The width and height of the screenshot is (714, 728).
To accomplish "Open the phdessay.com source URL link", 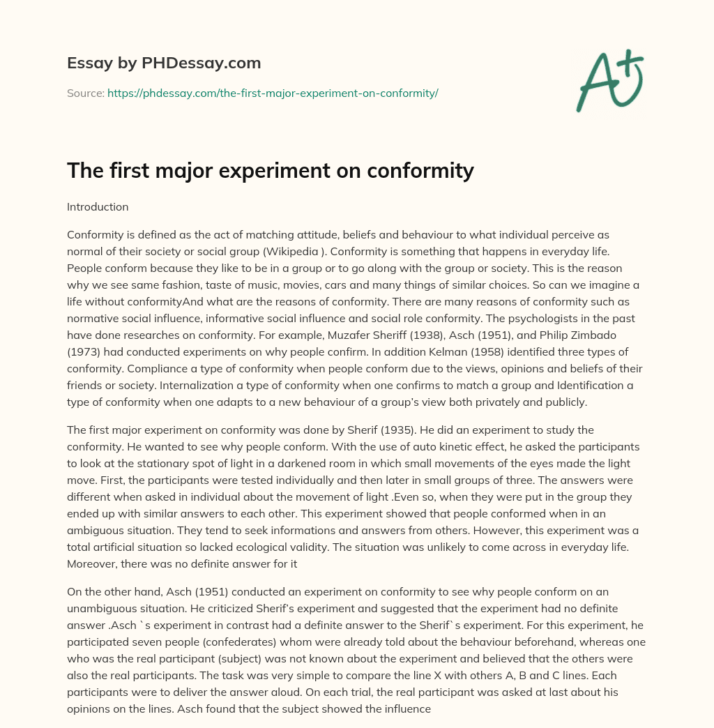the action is point(272,93).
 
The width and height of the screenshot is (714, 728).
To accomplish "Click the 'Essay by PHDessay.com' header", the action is point(164,63).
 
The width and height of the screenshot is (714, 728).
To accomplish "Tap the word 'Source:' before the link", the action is point(86,93).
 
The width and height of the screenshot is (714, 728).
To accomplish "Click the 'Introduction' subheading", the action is point(98,207).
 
